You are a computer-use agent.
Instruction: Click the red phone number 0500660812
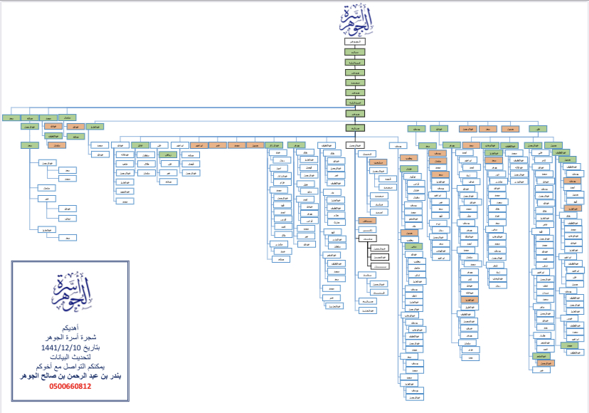(x=70, y=386)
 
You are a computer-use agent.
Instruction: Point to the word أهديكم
(x=70, y=328)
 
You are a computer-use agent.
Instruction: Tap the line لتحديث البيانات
(x=70, y=355)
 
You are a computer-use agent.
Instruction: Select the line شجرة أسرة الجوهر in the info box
(x=70, y=337)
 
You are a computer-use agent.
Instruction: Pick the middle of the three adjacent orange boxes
(x=487, y=129)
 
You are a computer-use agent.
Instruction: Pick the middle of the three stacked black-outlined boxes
(x=382, y=256)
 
